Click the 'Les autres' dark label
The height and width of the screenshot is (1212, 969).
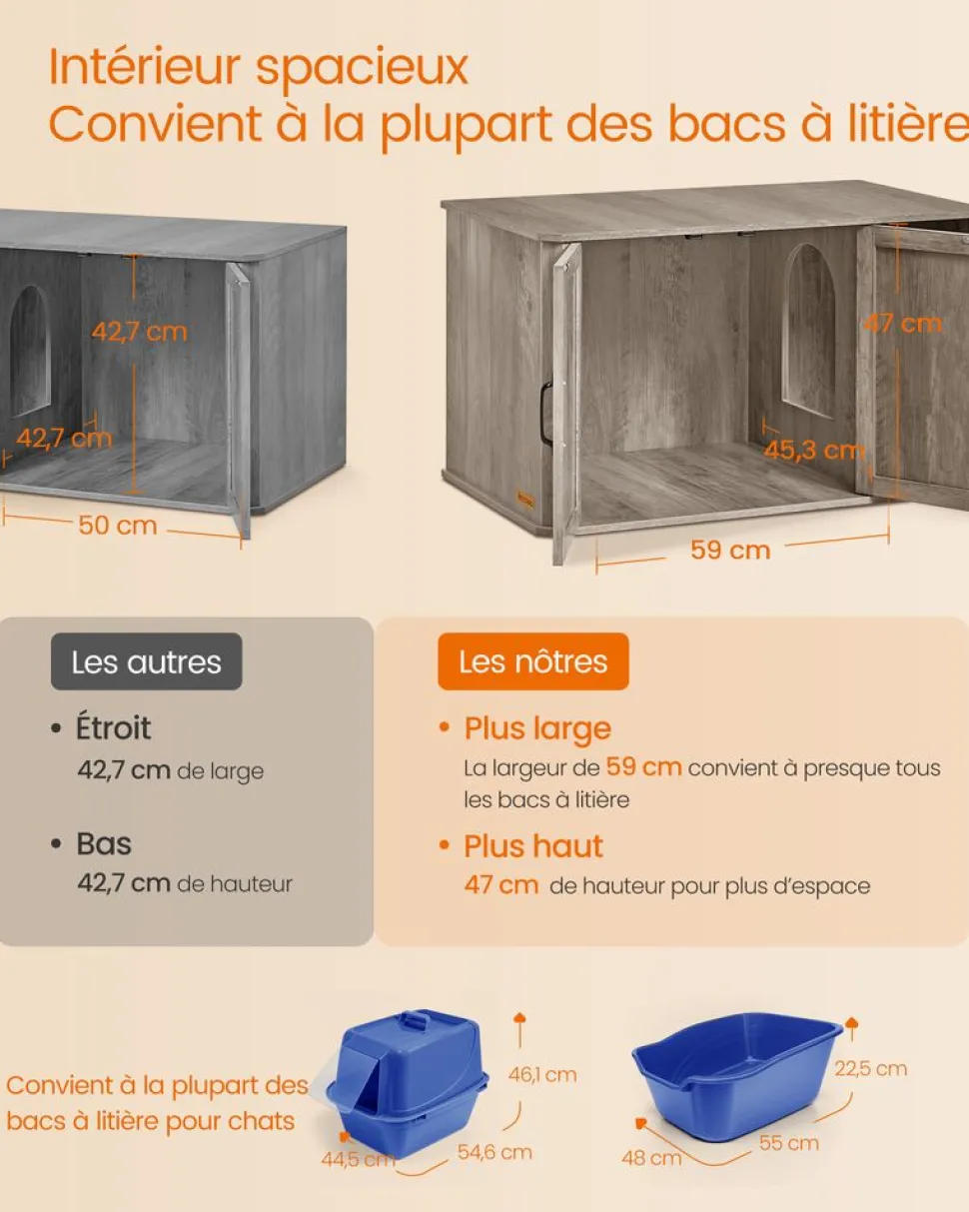tap(146, 661)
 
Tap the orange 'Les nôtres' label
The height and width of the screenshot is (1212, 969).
tap(532, 661)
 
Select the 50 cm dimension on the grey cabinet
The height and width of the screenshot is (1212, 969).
tap(118, 525)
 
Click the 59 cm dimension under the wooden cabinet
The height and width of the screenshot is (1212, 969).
tap(730, 550)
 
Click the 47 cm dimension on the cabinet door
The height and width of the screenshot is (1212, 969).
tap(905, 323)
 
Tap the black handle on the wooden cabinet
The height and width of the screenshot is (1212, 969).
tap(545, 412)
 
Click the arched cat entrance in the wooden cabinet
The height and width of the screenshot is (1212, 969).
tap(808, 330)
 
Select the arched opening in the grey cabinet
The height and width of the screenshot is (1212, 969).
tap(30, 350)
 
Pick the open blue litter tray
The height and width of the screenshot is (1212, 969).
tap(737, 1071)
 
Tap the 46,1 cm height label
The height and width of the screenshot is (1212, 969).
tap(542, 1075)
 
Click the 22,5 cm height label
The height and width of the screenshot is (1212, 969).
tap(870, 1068)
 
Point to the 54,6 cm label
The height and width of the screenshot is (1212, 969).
tap(494, 1152)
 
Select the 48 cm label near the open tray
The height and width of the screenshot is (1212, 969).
tap(651, 1157)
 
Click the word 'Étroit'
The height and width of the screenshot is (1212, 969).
tap(114, 728)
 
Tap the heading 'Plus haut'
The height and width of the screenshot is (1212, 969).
tap(533, 846)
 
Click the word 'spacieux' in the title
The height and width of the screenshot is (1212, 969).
tap(362, 67)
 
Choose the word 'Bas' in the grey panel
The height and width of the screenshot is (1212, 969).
tap(104, 843)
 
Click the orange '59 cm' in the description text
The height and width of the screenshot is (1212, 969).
tap(643, 767)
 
